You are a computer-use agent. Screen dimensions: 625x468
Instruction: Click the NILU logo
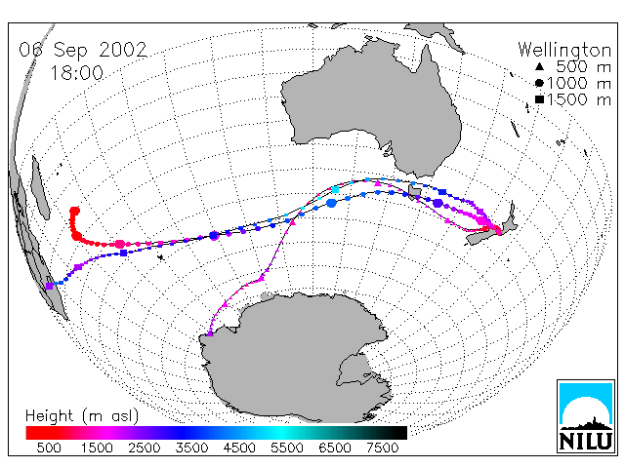click(x=586, y=416)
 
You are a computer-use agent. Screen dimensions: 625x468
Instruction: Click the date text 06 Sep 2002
click(x=83, y=50)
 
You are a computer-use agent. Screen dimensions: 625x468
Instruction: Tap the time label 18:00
click(x=77, y=73)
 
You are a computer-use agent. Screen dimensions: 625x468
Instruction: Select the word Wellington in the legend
click(x=564, y=50)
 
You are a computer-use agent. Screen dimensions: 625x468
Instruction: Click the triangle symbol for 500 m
click(x=539, y=66)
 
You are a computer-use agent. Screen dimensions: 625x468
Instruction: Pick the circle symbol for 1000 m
click(x=539, y=83)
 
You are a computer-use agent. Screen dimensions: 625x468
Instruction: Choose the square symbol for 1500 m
click(x=539, y=99)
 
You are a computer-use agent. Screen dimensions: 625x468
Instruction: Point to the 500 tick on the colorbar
click(x=49, y=448)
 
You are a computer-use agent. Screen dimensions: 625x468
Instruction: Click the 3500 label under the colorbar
click(x=191, y=448)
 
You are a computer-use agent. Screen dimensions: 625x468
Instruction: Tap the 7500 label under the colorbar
click(x=382, y=448)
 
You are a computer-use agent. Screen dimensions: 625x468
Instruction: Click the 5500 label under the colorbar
click(x=287, y=448)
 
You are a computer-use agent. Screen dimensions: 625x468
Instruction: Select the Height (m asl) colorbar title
click(x=82, y=416)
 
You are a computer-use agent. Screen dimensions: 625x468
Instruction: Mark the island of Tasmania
click(x=414, y=191)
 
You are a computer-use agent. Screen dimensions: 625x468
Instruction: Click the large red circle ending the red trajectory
click(x=74, y=211)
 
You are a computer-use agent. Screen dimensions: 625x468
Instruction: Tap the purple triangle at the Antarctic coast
click(x=210, y=333)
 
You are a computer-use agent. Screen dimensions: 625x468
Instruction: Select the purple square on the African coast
click(x=50, y=286)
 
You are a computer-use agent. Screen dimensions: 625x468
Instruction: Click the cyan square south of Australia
click(x=336, y=189)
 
